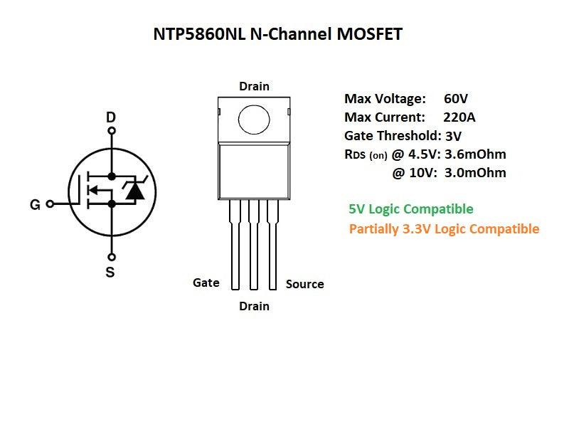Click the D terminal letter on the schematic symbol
tap(110, 117)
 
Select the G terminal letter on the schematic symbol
tap(35, 205)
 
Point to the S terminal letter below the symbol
tap(110, 272)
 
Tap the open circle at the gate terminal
tap(50, 204)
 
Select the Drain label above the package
tap(254, 86)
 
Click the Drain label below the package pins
tap(254, 306)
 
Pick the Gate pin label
tap(206, 283)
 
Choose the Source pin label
tap(304, 284)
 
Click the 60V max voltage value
tap(455, 98)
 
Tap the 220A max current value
tap(459, 117)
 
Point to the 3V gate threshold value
tap(453, 135)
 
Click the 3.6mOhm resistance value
tap(475, 154)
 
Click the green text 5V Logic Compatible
tap(411, 209)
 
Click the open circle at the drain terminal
tap(111, 132)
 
